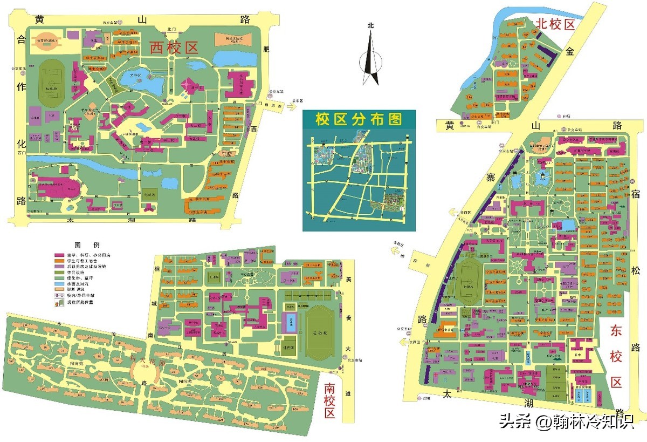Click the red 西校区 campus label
pyautogui.click(x=174, y=47)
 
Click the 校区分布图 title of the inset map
pyautogui.click(x=359, y=119)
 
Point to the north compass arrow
pyautogui.click(x=370, y=54)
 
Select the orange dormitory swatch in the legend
pyautogui.click(x=59, y=260)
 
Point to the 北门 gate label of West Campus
pyautogui.click(x=172, y=30)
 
